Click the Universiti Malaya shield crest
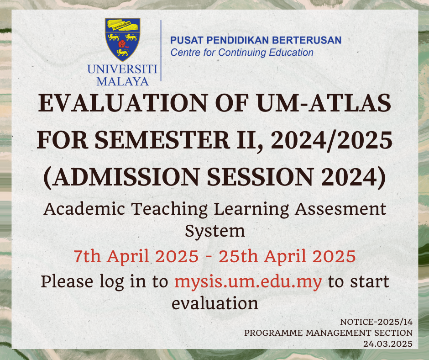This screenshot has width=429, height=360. point(123,39)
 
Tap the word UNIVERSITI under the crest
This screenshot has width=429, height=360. point(122,69)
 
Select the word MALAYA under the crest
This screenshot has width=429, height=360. point(123,81)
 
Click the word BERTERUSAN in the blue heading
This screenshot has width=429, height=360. point(307,40)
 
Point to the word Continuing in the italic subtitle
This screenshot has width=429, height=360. point(242,53)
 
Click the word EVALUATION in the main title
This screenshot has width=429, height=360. point(123,103)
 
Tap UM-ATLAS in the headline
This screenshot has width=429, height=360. point(324,103)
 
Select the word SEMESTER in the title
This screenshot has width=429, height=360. point(162,140)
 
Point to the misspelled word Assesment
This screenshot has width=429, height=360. point(340,209)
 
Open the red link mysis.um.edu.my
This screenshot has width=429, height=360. point(248,282)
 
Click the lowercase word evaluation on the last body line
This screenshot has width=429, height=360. point(215,304)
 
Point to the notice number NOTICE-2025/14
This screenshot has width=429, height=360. point(376,322)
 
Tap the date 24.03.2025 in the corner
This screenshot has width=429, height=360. point(387,344)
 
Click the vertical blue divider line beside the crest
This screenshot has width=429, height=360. point(161,50)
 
